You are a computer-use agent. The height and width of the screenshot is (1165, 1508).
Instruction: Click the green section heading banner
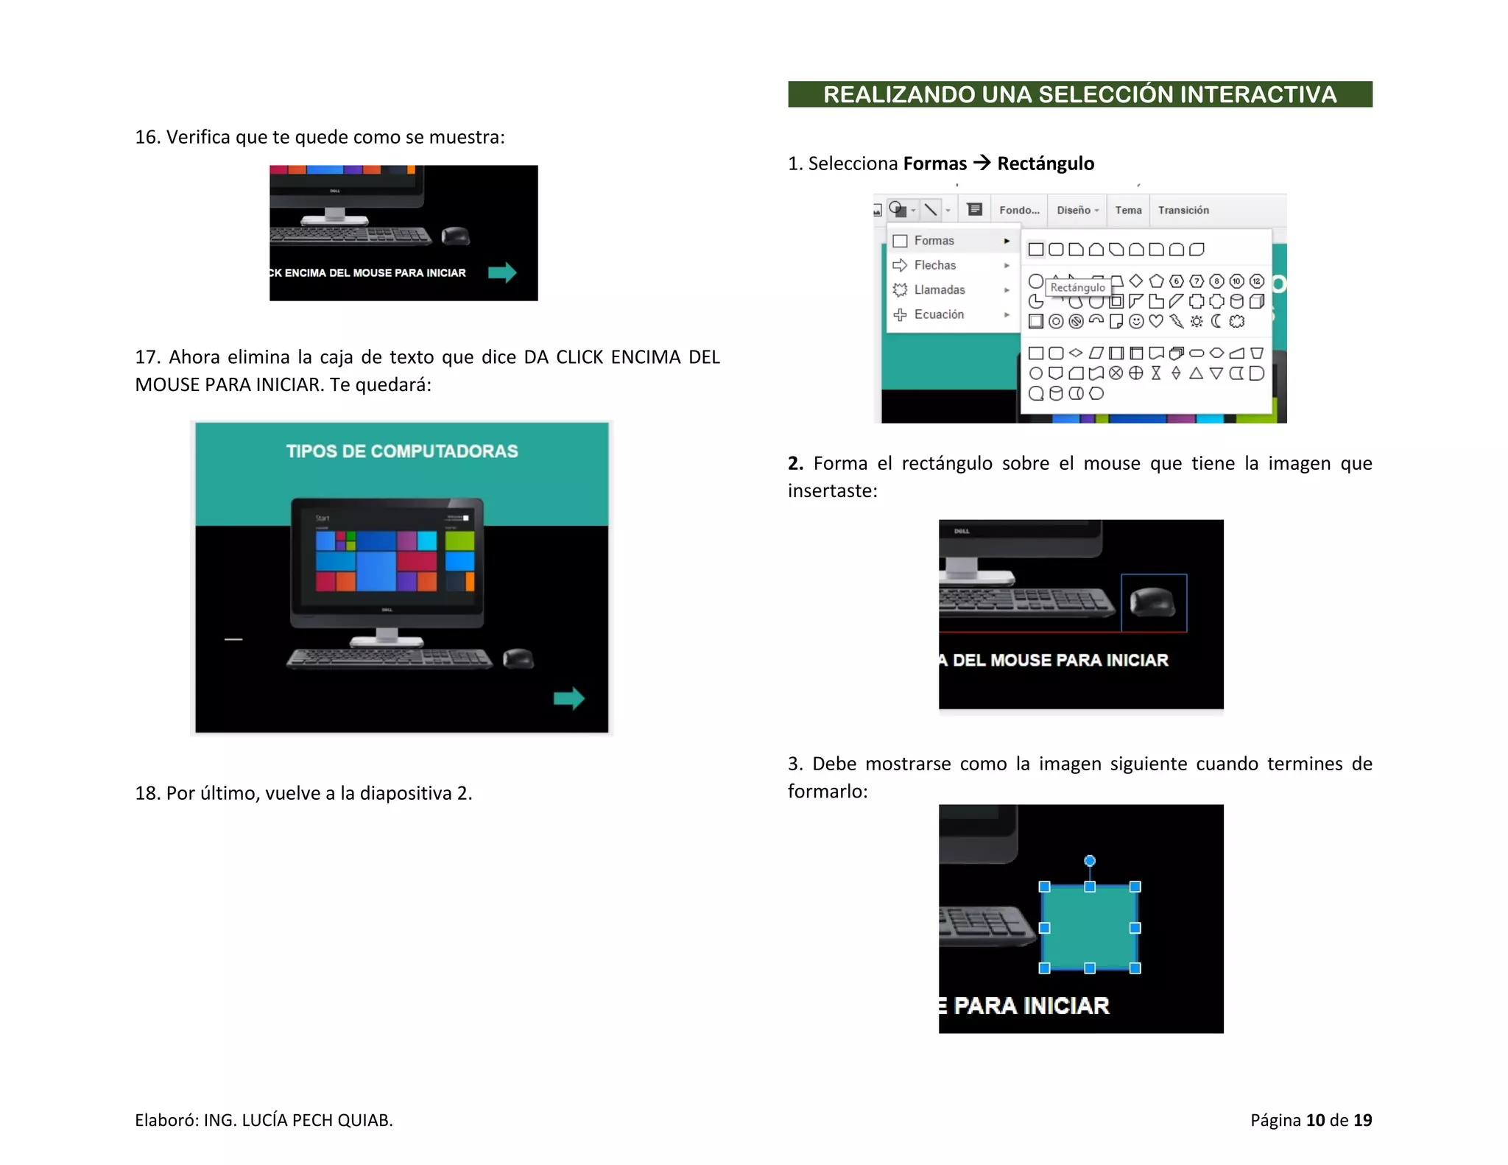[x=1079, y=94]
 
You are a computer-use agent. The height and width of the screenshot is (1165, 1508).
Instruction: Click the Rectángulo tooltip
[x=1077, y=287]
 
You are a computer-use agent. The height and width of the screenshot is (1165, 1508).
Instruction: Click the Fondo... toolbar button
[x=1019, y=211]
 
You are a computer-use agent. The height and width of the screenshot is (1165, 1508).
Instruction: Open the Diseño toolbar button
[x=1077, y=211]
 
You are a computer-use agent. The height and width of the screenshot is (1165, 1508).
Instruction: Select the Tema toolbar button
[x=1128, y=211]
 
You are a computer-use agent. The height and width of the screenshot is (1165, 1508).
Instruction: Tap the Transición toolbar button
[x=1183, y=211]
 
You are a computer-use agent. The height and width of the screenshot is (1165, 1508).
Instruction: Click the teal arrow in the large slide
[x=569, y=698]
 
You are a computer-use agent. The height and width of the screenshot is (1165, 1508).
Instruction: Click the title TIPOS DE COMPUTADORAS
[x=402, y=451]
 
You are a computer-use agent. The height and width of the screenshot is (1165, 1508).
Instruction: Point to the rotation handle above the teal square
[x=1090, y=861]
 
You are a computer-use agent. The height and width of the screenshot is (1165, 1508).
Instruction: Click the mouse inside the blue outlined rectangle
[x=1152, y=602]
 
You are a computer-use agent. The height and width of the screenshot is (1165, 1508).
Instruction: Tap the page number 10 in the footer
[x=1315, y=1120]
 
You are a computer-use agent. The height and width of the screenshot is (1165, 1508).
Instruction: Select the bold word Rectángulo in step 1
[x=1046, y=163]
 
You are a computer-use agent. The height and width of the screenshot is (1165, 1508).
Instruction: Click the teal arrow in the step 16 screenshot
[x=502, y=272]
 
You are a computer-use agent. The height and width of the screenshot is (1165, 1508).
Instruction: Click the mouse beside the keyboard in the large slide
[x=518, y=658]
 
